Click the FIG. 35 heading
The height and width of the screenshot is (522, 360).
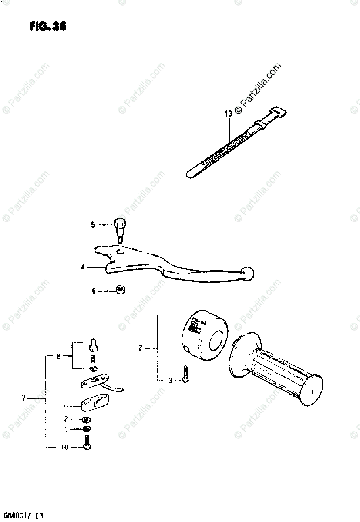pyautogui.click(x=48, y=27)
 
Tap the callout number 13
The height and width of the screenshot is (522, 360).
pyautogui.click(x=228, y=114)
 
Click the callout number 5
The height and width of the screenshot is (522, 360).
pyautogui.click(x=93, y=225)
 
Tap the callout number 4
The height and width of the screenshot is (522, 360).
pyautogui.click(x=83, y=267)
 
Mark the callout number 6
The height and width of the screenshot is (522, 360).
pyautogui.click(x=93, y=291)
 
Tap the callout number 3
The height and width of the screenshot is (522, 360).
pyautogui.click(x=171, y=381)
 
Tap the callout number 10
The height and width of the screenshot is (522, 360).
pyautogui.click(x=65, y=447)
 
